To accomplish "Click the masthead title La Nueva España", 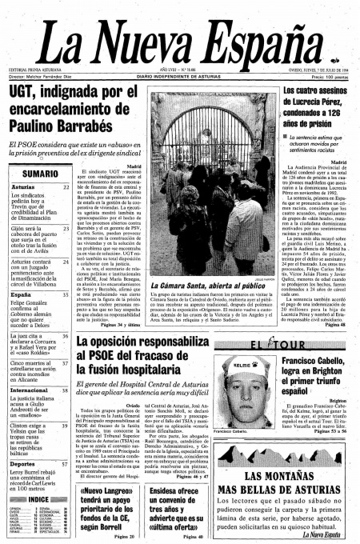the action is [x=180, y=40].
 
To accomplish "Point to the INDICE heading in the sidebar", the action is [x=38, y=499].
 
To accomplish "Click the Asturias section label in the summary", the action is [x=23, y=187].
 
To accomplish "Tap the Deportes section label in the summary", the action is [x=23, y=463].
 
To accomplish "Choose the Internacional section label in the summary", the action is [x=30, y=390].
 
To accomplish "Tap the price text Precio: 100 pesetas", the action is [x=327, y=76].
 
